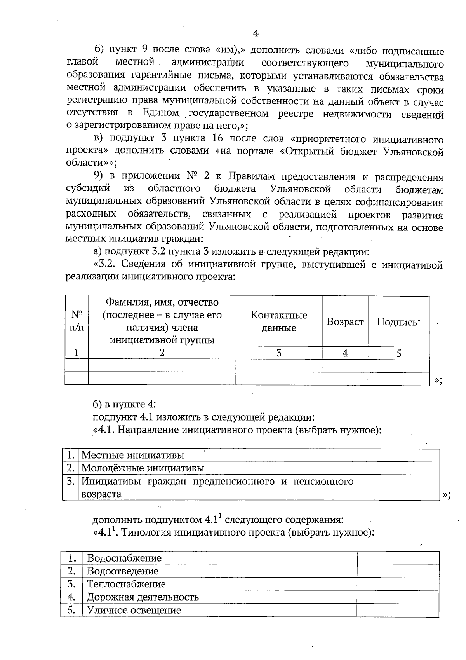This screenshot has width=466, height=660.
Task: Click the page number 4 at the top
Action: coord(256,33)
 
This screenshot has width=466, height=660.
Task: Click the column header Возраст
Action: coord(345,321)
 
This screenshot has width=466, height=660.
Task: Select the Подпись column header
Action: coord(398,321)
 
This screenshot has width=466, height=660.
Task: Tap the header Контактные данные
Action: coord(279,321)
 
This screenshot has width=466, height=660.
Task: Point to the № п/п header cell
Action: coord(77,321)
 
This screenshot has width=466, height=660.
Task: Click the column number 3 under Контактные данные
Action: coord(279,353)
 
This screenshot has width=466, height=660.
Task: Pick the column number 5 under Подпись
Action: coord(399,353)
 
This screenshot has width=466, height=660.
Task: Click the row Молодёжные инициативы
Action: coord(143,468)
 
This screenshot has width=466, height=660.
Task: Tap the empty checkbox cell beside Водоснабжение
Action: coord(398,558)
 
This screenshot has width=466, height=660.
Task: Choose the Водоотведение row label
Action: coord(123,571)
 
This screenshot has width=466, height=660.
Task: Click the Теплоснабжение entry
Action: coord(126,584)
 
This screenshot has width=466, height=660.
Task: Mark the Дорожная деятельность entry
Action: coord(143,597)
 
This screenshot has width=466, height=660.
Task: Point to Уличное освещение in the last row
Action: coord(134,610)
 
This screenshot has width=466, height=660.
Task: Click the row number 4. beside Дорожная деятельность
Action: coord(71,597)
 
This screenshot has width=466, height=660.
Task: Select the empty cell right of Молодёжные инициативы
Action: coord(398,468)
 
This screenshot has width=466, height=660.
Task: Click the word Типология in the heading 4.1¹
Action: coord(146,532)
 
